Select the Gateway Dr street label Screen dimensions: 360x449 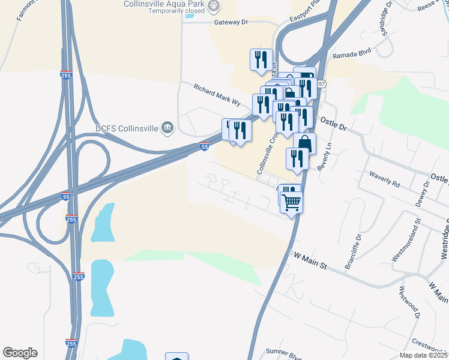[x=231, y=22]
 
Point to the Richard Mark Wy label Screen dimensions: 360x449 [x=217, y=95]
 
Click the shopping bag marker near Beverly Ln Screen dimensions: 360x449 [x=305, y=144]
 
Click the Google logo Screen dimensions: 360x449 [x=20, y=353]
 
